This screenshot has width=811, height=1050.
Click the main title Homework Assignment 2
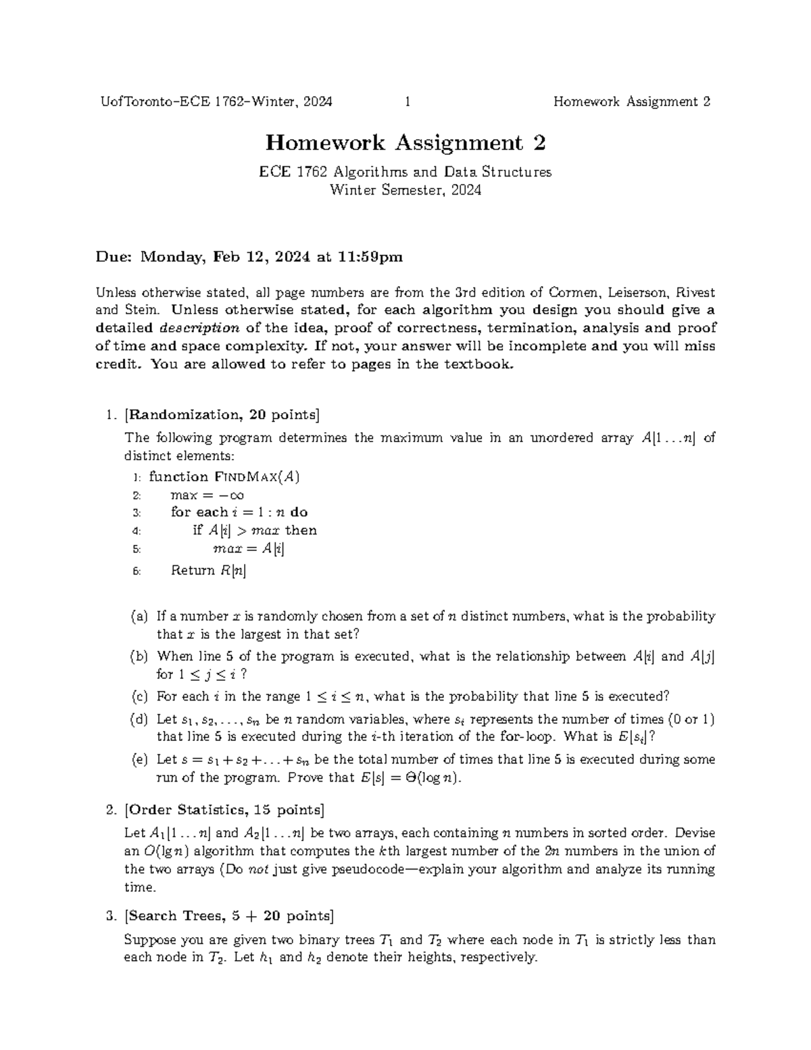(x=405, y=143)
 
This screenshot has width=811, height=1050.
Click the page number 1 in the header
(x=408, y=102)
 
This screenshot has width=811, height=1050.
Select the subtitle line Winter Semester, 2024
(x=405, y=190)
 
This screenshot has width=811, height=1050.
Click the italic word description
(x=199, y=329)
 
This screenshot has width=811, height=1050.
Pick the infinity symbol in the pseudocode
(x=236, y=495)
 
